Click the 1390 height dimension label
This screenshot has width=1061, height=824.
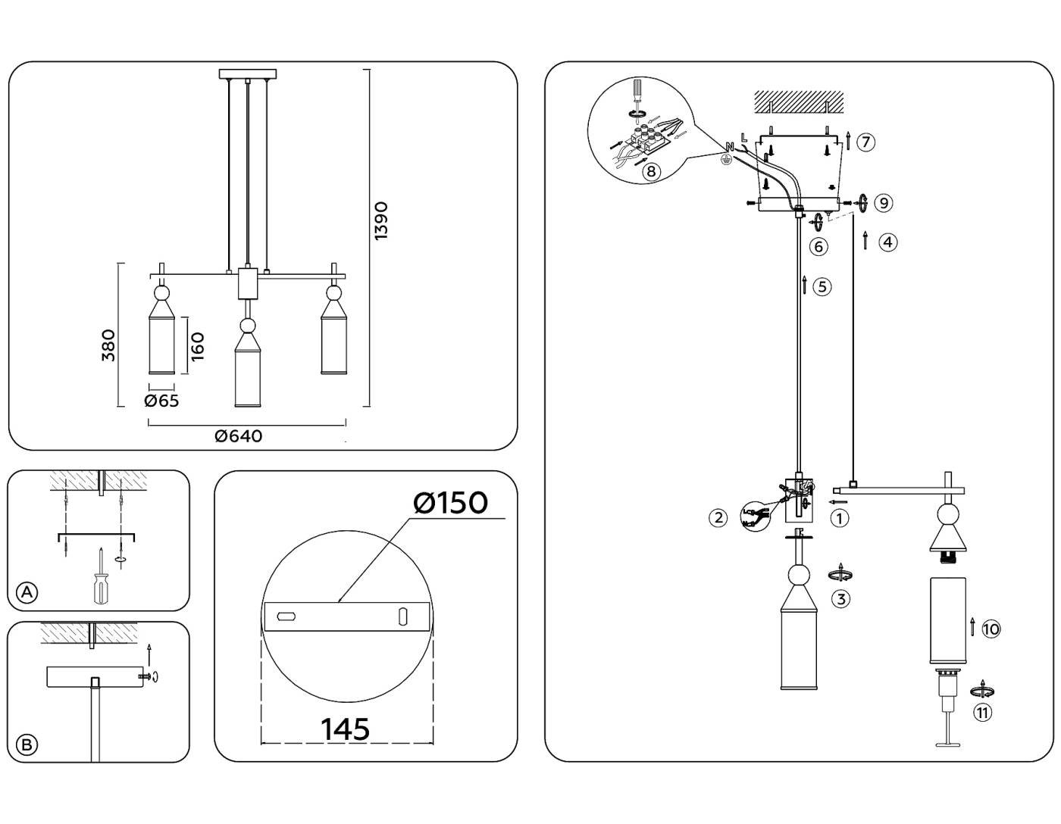click(380, 220)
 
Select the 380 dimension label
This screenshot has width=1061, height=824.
click(109, 345)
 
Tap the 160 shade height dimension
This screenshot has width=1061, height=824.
click(198, 347)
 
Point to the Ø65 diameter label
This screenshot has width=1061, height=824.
click(161, 401)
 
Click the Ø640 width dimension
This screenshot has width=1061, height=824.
click(238, 436)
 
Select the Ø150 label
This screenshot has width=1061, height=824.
click(450, 502)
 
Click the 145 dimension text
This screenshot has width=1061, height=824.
click(345, 729)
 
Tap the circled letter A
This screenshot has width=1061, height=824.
click(27, 592)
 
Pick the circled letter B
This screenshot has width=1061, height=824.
click(27, 744)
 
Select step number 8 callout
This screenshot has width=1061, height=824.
click(651, 171)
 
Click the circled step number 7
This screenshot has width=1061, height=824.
click(865, 142)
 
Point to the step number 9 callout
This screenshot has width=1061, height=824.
click(883, 203)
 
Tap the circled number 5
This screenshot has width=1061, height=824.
click(822, 286)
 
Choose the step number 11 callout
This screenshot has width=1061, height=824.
click(982, 712)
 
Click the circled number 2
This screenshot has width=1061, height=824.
click(718, 518)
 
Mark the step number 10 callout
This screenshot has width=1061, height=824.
click(991, 629)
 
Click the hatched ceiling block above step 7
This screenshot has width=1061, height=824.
click(798, 101)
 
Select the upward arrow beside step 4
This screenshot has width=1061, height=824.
click(865, 242)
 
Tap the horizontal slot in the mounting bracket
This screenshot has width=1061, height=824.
click(286, 616)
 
